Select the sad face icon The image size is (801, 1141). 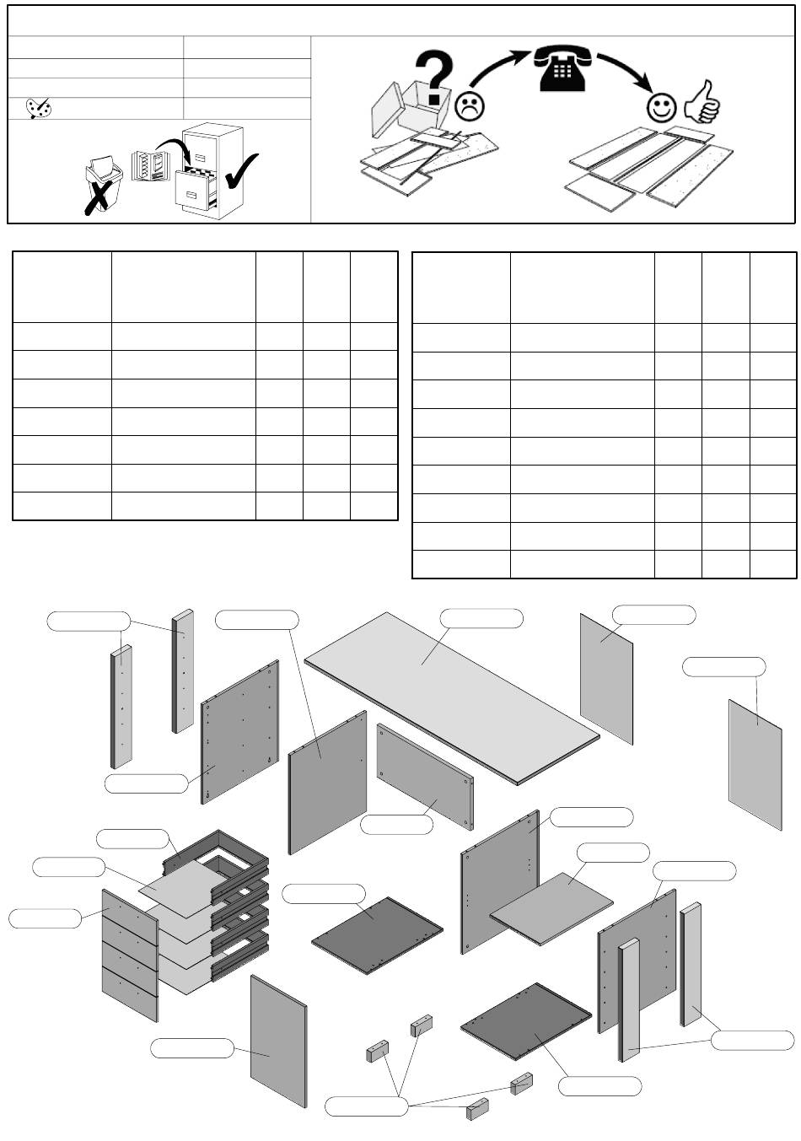470,105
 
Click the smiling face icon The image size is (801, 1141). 661,107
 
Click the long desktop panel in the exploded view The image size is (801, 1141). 451,696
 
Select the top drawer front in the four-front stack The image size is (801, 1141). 130,911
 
